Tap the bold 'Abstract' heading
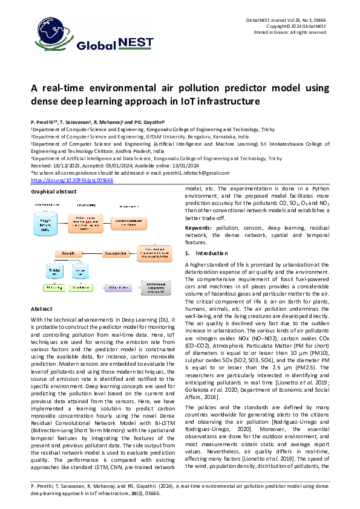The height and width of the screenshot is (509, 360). point(43,309)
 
